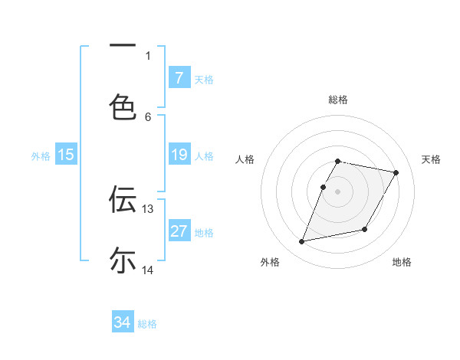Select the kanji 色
[x=123, y=106]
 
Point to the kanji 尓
[x=123, y=260]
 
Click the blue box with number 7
[x=179, y=77]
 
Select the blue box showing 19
[x=179, y=155]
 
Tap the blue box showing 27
[x=179, y=231]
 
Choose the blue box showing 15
[x=66, y=155]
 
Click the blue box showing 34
[x=123, y=322]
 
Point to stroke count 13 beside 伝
[x=148, y=209]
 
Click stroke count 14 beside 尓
[x=148, y=270]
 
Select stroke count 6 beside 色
[x=148, y=116]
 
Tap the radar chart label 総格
[x=338, y=100]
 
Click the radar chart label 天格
[x=431, y=159]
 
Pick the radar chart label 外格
[x=270, y=262]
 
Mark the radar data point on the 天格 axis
[x=396, y=173]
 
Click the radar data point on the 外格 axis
[x=302, y=242]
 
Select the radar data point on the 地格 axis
[x=365, y=230]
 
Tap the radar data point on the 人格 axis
[x=324, y=187]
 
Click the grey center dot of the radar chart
[x=338, y=191]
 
